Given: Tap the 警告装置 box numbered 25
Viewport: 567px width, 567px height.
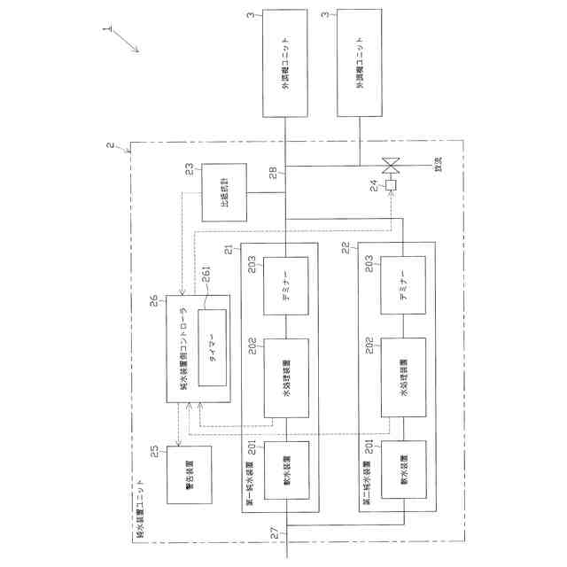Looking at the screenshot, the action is [189, 473].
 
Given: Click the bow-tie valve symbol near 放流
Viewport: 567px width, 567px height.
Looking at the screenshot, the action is [390, 165].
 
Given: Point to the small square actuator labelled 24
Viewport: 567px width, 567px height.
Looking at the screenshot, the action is [390, 187].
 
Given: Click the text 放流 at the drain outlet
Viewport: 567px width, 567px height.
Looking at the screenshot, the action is [437, 165].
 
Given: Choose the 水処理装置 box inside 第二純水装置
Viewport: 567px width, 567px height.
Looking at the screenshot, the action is [403, 377].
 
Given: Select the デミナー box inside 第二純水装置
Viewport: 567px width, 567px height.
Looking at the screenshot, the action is [403, 285].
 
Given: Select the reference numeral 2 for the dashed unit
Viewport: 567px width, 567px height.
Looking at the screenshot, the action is [109, 145].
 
